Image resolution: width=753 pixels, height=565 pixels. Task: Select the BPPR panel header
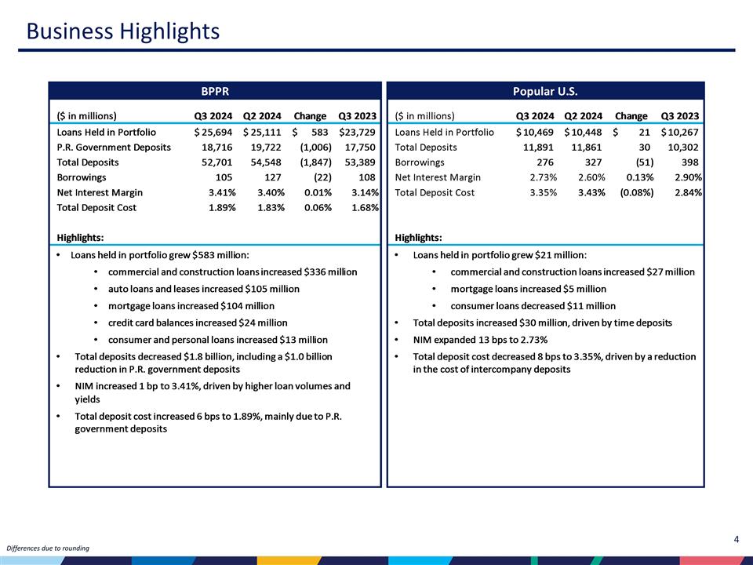[x=214, y=91]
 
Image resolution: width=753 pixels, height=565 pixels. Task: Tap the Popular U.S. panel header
[x=545, y=91]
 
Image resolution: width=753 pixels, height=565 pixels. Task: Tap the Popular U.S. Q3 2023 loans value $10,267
[x=680, y=132]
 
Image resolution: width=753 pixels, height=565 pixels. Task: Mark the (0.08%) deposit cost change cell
[x=633, y=192]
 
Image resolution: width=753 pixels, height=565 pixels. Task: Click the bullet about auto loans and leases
[x=203, y=289]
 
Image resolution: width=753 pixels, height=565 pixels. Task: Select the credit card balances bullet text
[x=198, y=323]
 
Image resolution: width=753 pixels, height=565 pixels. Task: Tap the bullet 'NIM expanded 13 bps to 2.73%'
[x=480, y=340]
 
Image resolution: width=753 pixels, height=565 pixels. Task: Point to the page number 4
[x=737, y=539]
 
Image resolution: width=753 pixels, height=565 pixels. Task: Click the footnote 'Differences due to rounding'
[x=48, y=547]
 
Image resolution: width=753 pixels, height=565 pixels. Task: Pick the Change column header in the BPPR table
[x=309, y=116]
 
